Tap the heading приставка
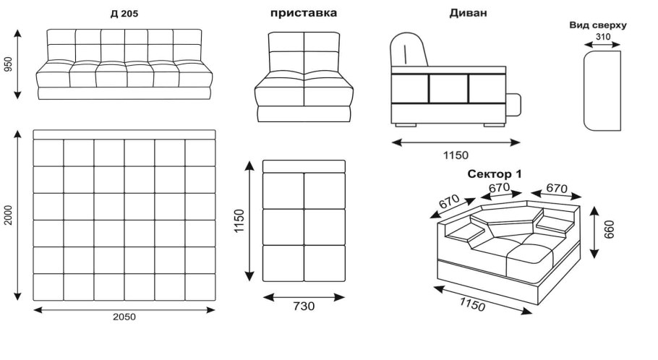pyautogui.click(x=303, y=13)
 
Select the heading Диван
pyautogui.click(x=469, y=13)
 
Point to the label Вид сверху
pyautogui.click(x=598, y=25)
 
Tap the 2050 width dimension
pyautogui.click(x=124, y=317)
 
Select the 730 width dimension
pyautogui.click(x=304, y=306)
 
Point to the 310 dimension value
pyautogui.click(x=602, y=35)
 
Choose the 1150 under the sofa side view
pyautogui.click(x=456, y=155)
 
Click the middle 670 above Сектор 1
pyautogui.click(x=498, y=187)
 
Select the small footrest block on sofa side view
pyautogui.click(x=513, y=105)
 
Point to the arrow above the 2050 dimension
pyautogui.click(x=124, y=309)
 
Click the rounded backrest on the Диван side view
pyautogui.click(x=409, y=52)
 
